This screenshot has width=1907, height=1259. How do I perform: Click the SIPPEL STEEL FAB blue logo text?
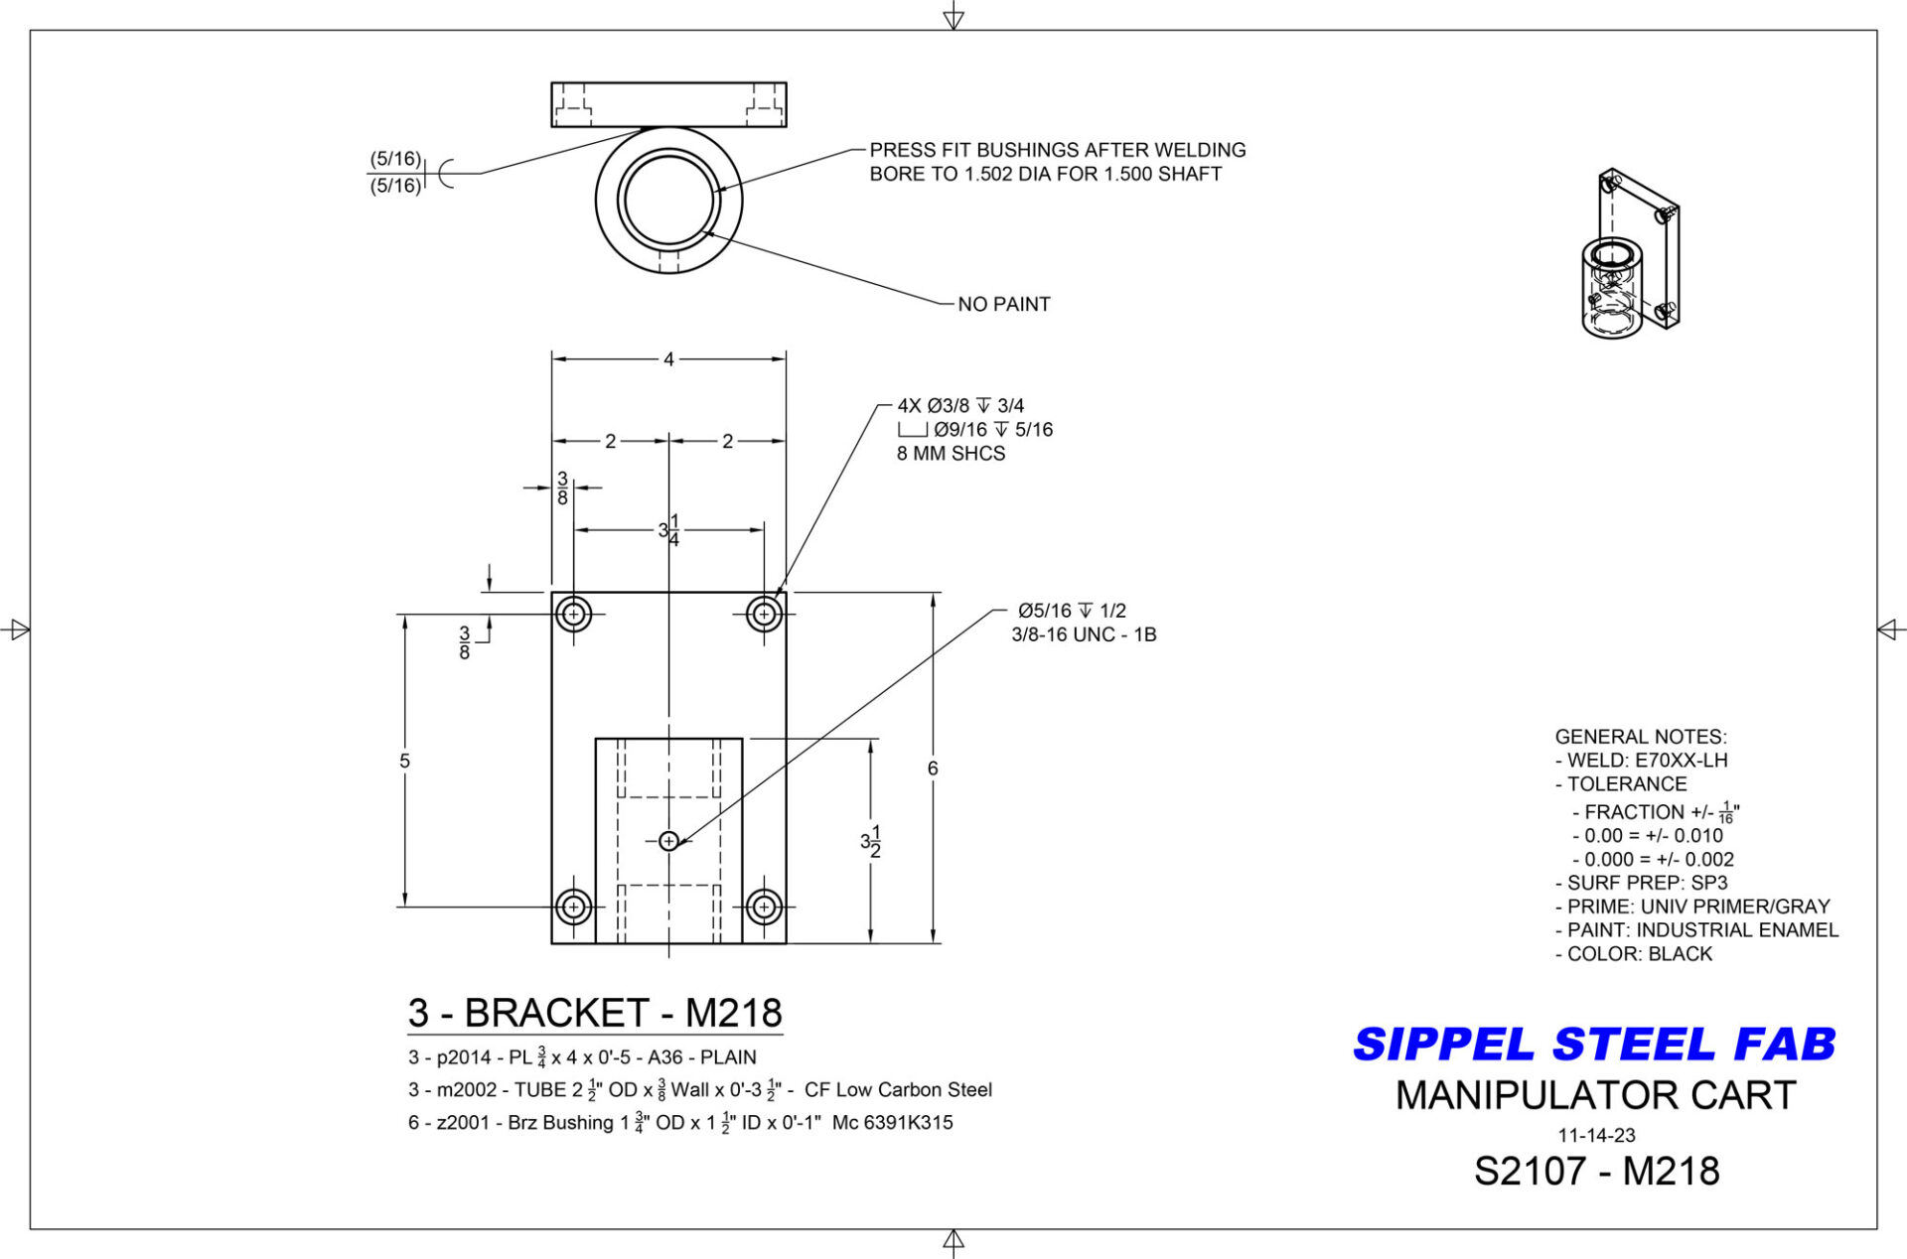(1593, 1045)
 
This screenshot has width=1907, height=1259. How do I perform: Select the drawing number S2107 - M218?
(1596, 1172)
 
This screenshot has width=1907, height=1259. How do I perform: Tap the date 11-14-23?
(1596, 1135)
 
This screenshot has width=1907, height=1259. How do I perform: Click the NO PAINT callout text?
(1003, 305)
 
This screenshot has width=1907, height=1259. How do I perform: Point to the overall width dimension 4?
(668, 359)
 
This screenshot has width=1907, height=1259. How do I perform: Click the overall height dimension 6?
(933, 768)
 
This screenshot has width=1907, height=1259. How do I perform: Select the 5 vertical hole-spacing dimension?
(404, 761)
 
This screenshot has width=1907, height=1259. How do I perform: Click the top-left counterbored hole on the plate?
(573, 615)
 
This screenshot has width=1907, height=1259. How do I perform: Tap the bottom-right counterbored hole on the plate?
(764, 907)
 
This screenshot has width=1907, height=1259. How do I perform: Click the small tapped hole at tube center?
(668, 841)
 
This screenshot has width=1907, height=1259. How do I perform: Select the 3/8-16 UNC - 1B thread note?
(1084, 634)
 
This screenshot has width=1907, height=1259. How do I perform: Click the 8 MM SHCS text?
(951, 454)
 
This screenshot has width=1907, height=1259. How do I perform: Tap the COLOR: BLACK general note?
(1634, 954)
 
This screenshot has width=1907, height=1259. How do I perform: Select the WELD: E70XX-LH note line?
(1642, 761)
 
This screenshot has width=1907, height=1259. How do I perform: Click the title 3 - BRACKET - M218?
(595, 1013)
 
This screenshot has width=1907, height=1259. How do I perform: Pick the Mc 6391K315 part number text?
(892, 1123)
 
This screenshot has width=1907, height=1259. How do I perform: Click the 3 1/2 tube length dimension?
(871, 841)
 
